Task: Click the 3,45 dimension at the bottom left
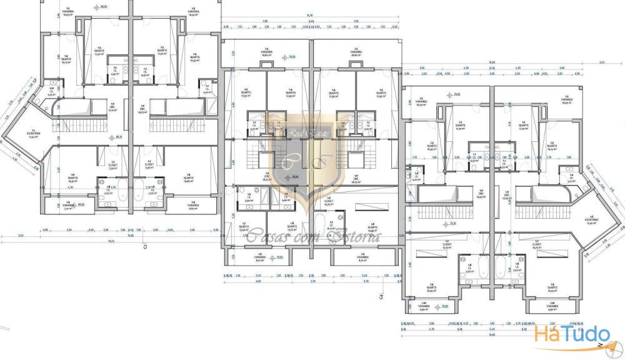point(21,236)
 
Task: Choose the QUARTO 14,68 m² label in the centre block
point(290,224)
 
